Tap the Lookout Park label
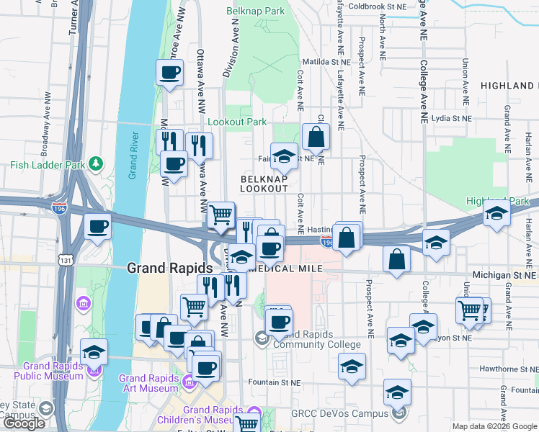click(x=238, y=122)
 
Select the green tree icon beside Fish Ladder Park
click(x=96, y=165)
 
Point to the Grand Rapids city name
click(x=169, y=268)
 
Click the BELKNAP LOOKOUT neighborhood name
click(x=264, y=183)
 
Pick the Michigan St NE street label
click(x=504, y=275)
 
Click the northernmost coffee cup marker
click(x=169, y=73)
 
